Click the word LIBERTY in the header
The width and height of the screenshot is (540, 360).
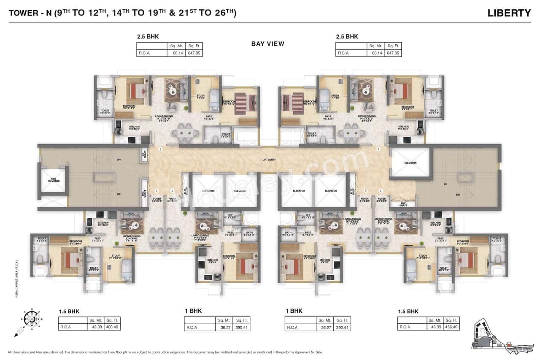[x=509, y=13]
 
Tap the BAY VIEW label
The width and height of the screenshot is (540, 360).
[x=267, y=44]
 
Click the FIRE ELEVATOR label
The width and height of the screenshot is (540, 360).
[x=54, y=181]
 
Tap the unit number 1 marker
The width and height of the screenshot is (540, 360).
[x=379, y=149]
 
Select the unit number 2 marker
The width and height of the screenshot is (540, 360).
[x=160, y=149]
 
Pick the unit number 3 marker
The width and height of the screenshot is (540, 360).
[x=157, y=191]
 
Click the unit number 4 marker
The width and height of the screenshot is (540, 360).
[x=172, y=191]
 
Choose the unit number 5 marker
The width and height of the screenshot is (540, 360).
[x=366, y=191]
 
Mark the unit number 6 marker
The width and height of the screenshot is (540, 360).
[x=381, y=191]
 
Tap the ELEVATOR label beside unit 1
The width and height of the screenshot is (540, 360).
[x=410, y=162]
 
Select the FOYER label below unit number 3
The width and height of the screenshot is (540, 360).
[x=157, y=200]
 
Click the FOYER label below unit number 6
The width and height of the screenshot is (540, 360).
[x=381, y=200]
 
